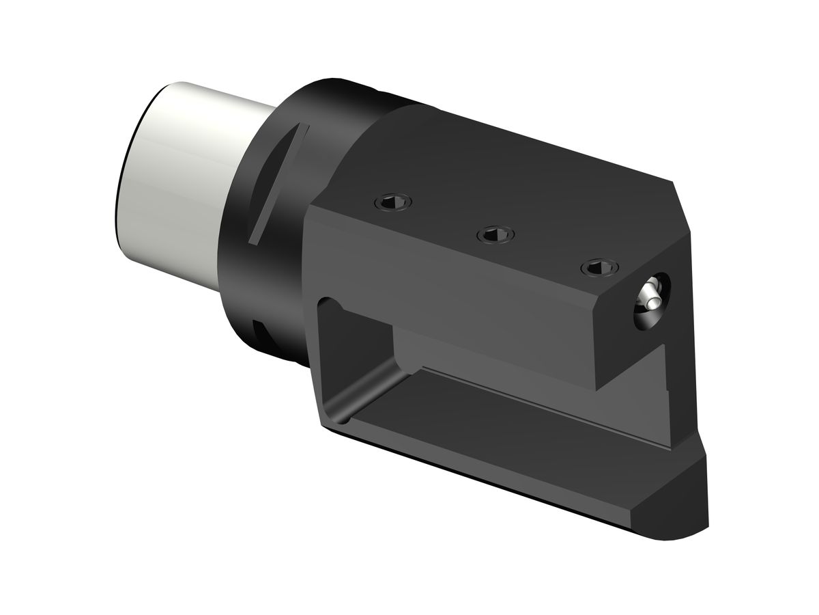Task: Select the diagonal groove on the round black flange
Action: pos(276,184)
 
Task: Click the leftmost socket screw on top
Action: pos(394,202)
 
